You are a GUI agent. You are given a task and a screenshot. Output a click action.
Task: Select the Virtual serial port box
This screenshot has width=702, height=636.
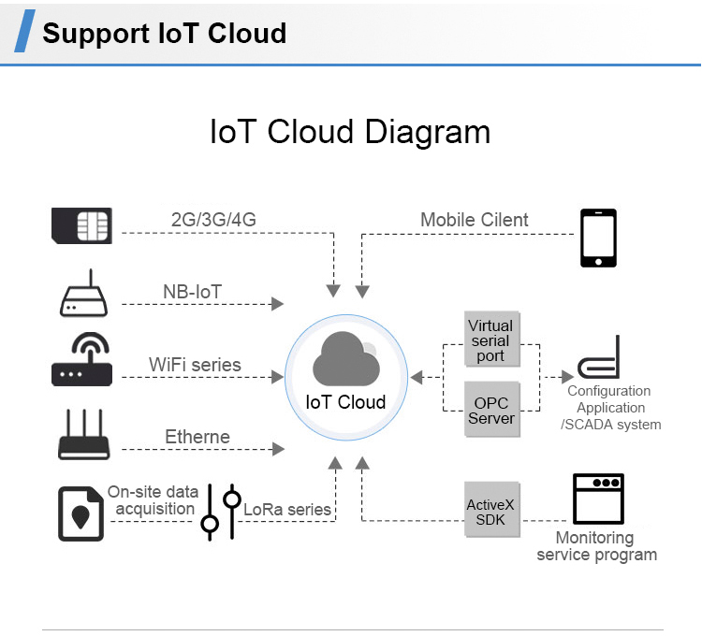click(490, 341)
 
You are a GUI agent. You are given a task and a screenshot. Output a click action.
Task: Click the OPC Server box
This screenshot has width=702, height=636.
click(491, 411)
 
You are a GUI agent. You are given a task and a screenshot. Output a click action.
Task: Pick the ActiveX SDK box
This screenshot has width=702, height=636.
click(490, 511)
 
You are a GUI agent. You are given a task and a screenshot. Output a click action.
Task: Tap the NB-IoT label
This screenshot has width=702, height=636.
click(192, 292)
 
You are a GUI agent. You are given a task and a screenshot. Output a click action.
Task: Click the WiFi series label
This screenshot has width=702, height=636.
click(195, 365)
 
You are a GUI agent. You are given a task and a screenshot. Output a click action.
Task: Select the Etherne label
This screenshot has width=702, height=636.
click(197, 437)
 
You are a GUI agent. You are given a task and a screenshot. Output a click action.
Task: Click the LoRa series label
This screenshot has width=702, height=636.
click(287, 510)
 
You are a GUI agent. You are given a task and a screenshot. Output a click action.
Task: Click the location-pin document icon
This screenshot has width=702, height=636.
click(80, 513)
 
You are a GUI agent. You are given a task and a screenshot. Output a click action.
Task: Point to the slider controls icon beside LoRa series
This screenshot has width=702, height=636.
click(222, 512)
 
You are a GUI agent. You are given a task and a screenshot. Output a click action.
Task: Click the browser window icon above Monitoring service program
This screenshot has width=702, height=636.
click(598, 500)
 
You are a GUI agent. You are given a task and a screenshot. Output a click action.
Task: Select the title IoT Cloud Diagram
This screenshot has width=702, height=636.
click(350, 132)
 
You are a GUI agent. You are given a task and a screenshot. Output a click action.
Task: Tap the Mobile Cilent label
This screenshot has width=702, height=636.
click(474, 221)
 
